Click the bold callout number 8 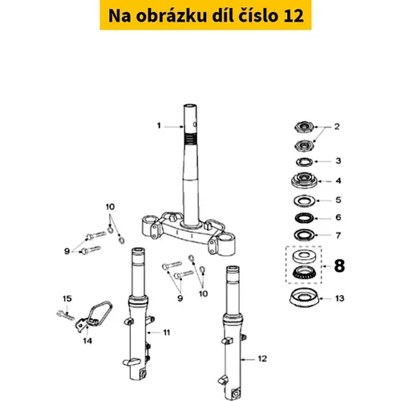click(x=339, y=266)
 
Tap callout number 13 click(x=339, y=298)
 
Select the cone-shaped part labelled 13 click(x=304, y=298)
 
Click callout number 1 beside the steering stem click(x=159, y=125)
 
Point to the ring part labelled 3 click(x=304, y=162)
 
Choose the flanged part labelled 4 click(x=304, y=180)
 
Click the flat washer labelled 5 click(x=304, y=200)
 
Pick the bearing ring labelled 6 click(x=304, y=218)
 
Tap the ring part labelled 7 click(x=304, y=235)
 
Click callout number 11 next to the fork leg click(x=167, y=332)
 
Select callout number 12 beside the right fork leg click(x=262, y=358)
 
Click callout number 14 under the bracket click(x=87, y=341)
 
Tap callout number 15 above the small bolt click(x=67, y=298)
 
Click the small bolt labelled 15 click(x=65, y=315)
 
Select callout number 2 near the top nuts click(x=337, y=127)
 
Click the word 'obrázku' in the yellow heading click(x=171, y=15)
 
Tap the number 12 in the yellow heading click(x=293, y=15)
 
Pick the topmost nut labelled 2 click(x=304, y=127)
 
